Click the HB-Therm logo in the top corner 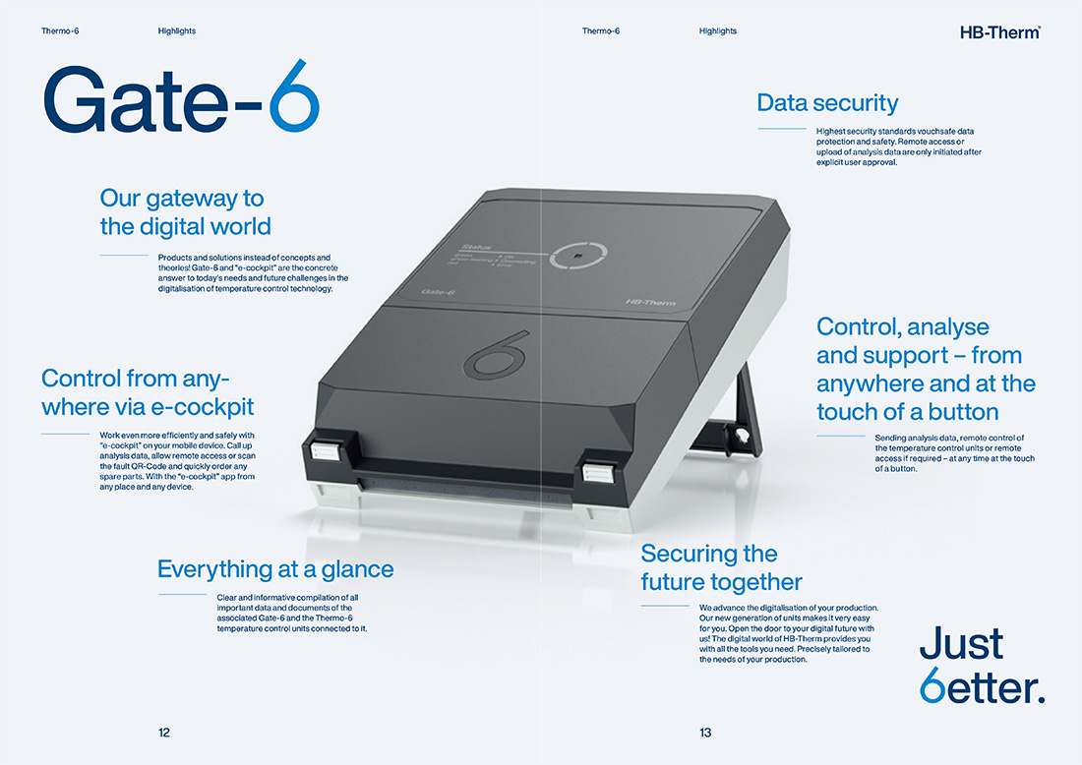tap(1000, 32)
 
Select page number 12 tap(164, 733)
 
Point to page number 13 tap(705, 733)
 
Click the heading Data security tap(827, 103)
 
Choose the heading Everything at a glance tap(275, 569)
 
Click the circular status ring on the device tap(578, 256)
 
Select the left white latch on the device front tap(323, 451)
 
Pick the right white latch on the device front tap(595, 473)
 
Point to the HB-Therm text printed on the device tap(651, 302)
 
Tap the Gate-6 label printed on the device tap(438, 292)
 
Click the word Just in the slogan tap(961, 644)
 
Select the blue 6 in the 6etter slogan tap(932, 685)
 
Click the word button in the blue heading tap(963, 412)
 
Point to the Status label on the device tap(477, 246)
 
